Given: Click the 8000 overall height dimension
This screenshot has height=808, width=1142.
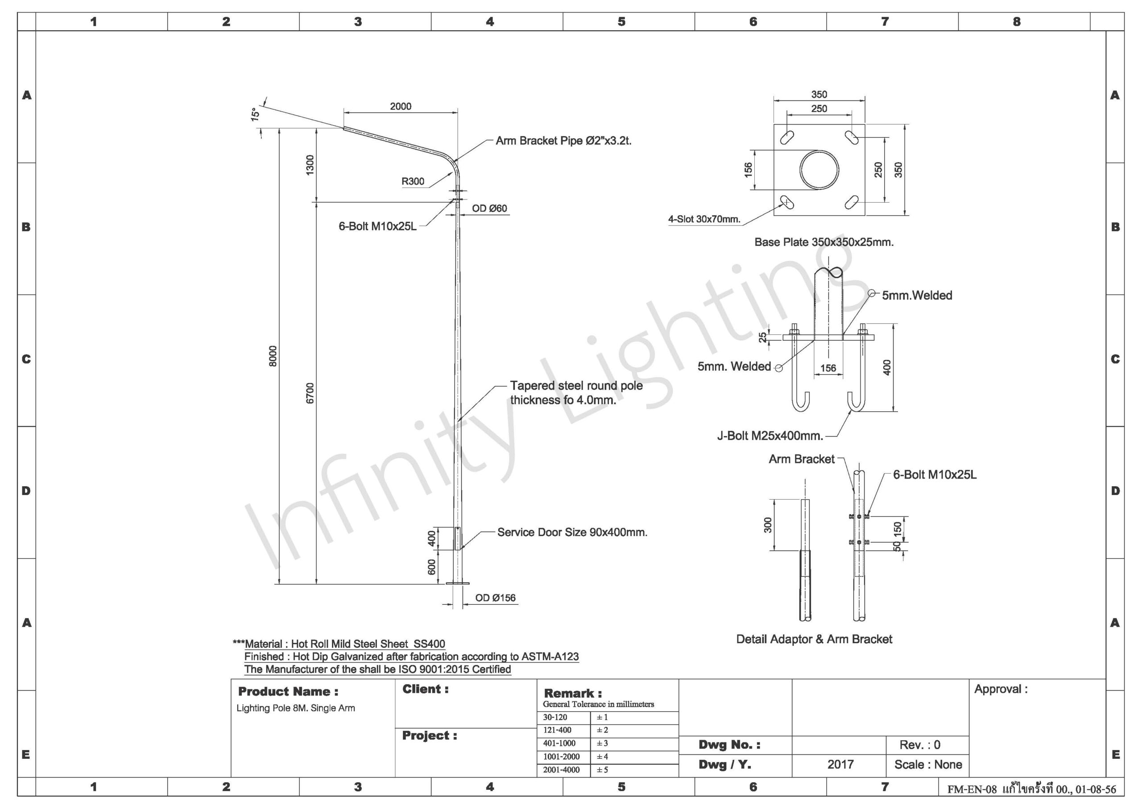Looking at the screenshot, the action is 273,356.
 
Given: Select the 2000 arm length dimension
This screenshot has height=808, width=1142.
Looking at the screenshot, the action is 401,106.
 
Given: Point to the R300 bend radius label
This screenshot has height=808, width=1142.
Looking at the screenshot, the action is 413,181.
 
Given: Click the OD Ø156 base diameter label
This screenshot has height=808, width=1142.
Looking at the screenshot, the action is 496,598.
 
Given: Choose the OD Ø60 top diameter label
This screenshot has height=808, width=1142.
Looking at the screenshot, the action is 489,208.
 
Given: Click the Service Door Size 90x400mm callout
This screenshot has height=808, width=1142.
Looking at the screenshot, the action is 572,532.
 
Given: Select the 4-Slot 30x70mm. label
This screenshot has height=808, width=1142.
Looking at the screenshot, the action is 704,219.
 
